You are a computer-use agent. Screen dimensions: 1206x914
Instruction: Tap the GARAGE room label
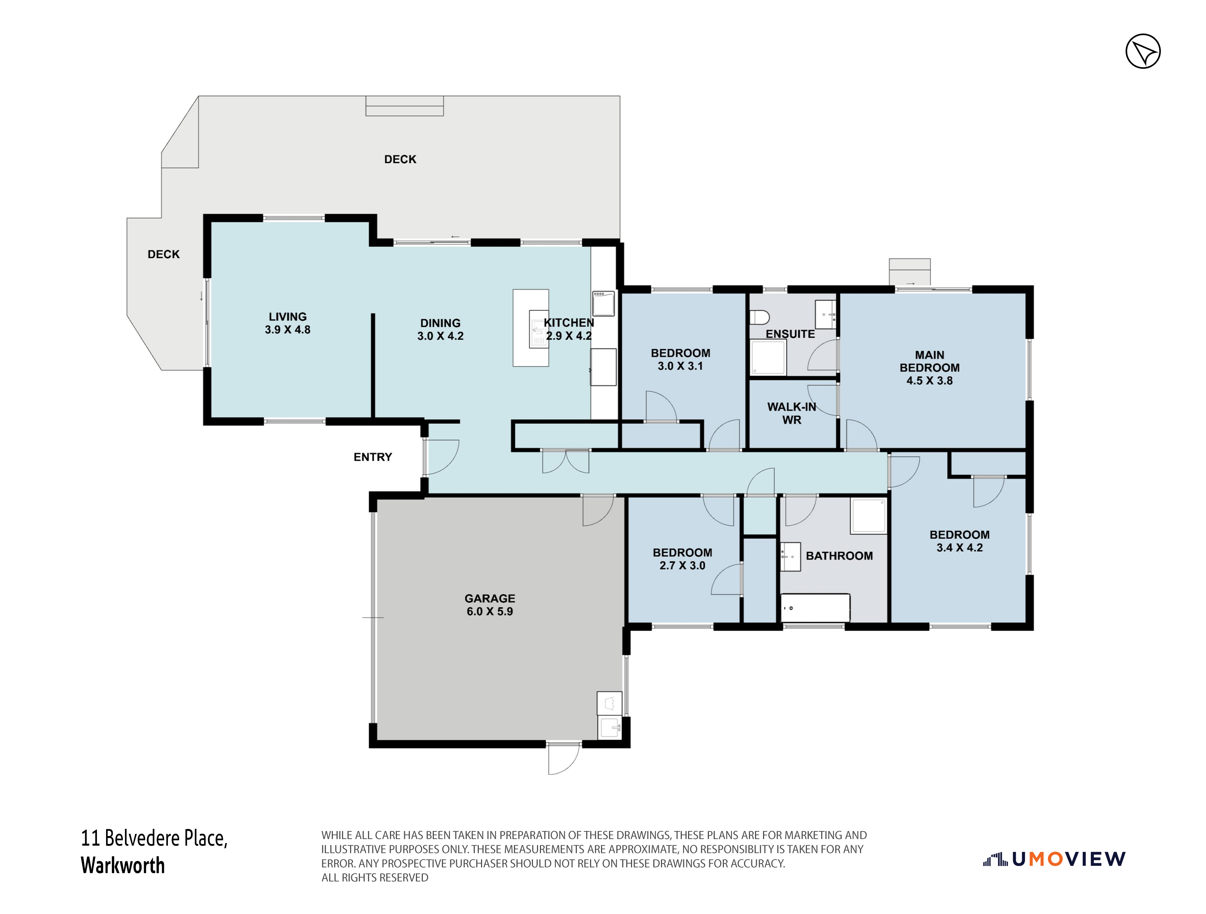(489, 598)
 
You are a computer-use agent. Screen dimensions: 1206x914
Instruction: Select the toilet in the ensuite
(759, 317)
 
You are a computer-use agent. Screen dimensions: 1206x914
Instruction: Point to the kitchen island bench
(530, 328)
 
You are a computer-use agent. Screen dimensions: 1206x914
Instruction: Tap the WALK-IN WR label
(792, 413)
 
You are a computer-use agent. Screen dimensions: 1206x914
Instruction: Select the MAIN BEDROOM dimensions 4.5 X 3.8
(929, 381)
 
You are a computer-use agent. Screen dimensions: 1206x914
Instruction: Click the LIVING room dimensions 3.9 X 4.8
(287, 330)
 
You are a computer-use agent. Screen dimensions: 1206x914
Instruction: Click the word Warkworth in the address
(123, 865)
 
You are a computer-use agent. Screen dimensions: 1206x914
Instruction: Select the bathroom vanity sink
(790, 556)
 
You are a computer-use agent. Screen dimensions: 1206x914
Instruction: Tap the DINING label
(440, 323)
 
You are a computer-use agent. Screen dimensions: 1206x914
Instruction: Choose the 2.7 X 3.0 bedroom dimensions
(682, 566)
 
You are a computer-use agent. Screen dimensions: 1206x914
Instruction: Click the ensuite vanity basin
(826, 314)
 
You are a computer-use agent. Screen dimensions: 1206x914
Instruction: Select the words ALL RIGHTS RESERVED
(375, 877)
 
